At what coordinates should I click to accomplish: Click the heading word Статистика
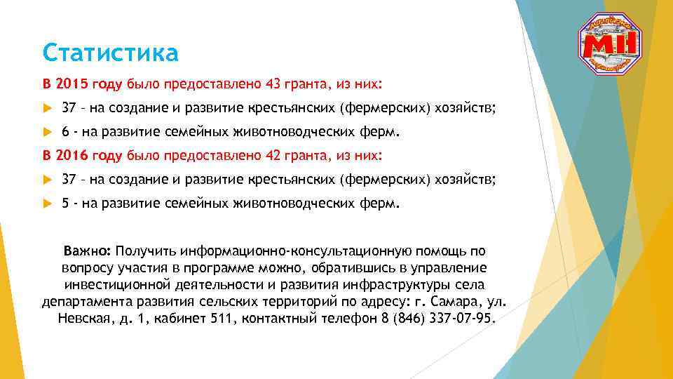click(110, 52)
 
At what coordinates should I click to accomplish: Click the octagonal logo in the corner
click(612, 44)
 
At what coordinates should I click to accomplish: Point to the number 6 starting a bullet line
click(65, 131)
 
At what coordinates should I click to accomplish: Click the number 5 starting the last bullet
click(65, 204)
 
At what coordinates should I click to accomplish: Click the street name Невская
click(79, 319)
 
